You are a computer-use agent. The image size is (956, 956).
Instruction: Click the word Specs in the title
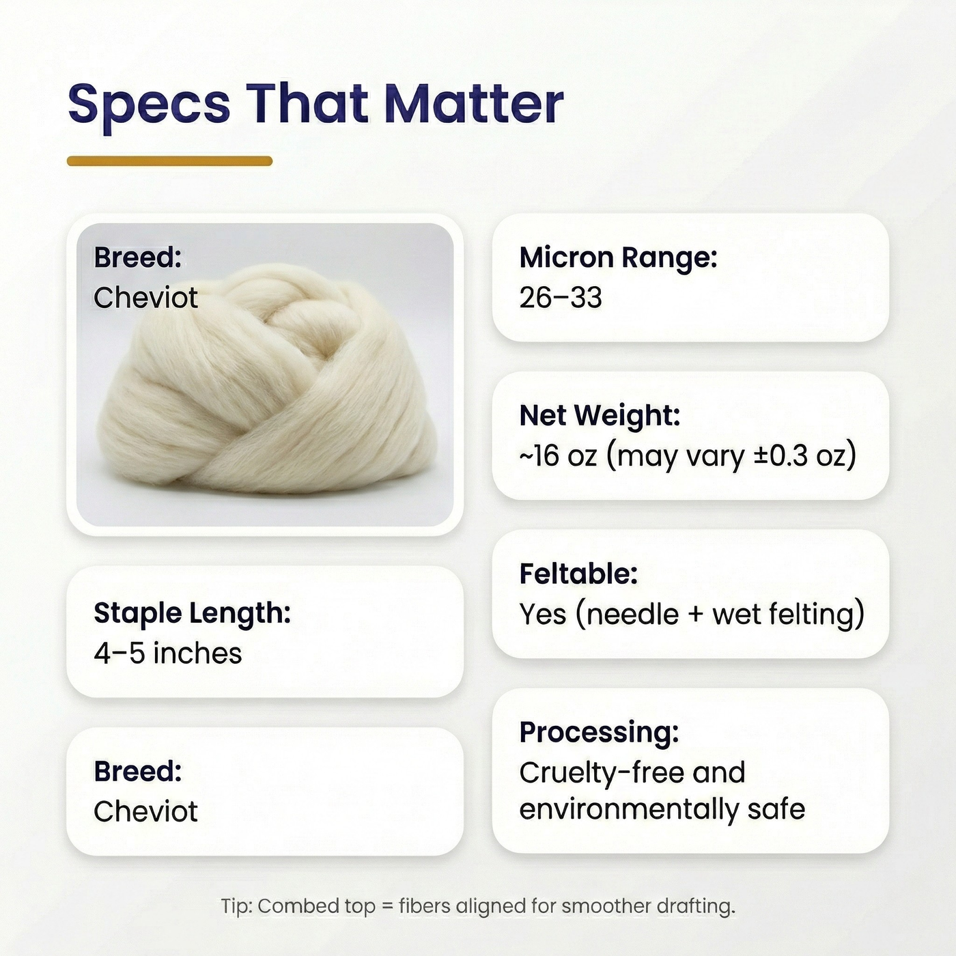(x=149, y=104)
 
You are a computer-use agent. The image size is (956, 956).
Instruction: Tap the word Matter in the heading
(x=474, y=104)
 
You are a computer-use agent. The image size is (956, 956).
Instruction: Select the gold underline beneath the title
(x=169, y=161)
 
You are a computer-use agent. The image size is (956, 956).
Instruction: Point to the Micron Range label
(x=618, y=258)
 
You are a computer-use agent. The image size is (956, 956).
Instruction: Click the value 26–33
(x=560, y=298)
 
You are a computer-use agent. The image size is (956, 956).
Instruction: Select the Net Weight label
(x=600, y=415)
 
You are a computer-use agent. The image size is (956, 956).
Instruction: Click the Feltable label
(x=578, y=574)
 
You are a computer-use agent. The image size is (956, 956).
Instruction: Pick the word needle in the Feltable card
(x=632, y=614)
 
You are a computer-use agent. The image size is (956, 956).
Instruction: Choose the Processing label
(x=599, y=732)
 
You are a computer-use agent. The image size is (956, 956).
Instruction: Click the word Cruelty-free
(x=601, y=773)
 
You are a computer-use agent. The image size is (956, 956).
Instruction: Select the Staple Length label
(x=192, y=613)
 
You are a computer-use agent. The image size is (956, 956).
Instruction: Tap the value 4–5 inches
(x=167, y=653)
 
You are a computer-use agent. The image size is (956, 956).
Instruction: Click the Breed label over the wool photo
(x=138, y=258)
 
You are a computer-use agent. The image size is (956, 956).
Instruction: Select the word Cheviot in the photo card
(x=145, y=298)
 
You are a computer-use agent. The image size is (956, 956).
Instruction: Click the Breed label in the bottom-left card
(x=138, y=772)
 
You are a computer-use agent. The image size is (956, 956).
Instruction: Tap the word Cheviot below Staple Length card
(x=145, y=811)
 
